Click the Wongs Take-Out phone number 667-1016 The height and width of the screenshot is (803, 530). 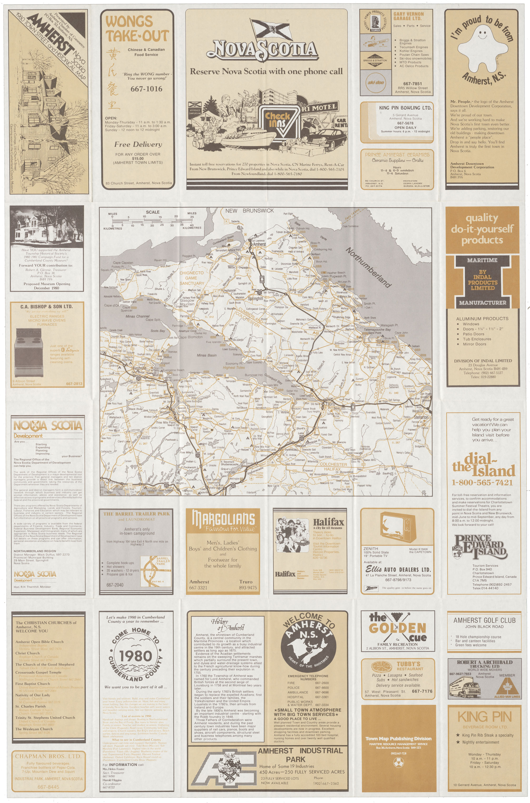[x=146, y=89]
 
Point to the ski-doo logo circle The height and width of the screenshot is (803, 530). [x=376, y=83]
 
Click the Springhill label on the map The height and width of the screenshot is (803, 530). [x=255, y=299]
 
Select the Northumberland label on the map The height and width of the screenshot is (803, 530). [x=368, y=267]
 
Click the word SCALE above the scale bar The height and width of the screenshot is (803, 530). [x=152, y=212]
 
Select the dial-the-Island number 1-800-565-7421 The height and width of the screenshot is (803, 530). [x=482, y=482]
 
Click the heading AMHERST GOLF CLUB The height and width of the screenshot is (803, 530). [x=484, y=620]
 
